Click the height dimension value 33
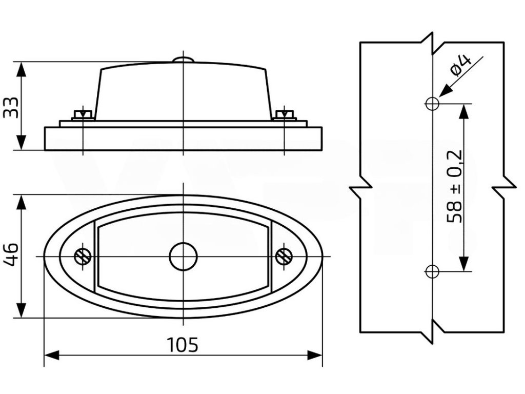[x=11, y=107]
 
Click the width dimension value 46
[x=11, y=255]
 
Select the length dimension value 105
[x=183, y=345]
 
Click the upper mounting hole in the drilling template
[x=432, y=103]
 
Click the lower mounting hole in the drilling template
[x=432, y=271]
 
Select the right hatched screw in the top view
[x=284, y=256]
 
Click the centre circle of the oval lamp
[x=183, y=256]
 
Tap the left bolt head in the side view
[x=83, y=114]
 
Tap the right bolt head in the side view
[x=284, y=114]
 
